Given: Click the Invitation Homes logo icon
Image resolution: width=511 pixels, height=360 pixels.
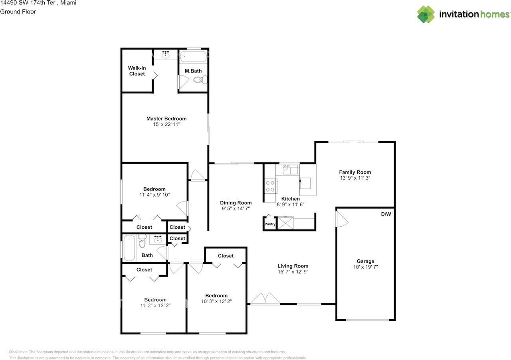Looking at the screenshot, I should click(x=426, y=14).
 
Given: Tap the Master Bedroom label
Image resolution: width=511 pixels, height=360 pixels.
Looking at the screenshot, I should click(x=166, y=119).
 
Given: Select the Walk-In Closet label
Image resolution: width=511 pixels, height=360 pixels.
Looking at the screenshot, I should click(x=137, y=71).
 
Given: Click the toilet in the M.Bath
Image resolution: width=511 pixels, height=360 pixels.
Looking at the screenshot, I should click(x=200, y=80).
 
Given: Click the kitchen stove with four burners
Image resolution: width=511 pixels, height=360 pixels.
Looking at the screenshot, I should click(x=270, y=186).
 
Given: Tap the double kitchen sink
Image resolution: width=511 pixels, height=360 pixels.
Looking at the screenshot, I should click(x=291, y=170).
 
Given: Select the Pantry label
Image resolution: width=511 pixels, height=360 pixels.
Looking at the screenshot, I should click(x=270, y=224).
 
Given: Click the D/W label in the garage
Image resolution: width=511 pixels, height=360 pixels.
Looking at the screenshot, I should click(x=386, y=214).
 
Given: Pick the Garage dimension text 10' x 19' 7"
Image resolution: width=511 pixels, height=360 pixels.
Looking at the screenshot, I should click(x=365, y=267).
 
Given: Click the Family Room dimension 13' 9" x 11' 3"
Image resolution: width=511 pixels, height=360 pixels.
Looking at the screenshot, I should click(x=355, y=178).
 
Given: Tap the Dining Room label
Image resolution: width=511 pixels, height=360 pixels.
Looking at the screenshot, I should click(x=236, y=203).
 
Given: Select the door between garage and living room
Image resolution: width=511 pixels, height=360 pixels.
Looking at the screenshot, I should click(x=341, y=219).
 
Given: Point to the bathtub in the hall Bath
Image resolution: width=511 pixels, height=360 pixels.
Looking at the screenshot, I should click(x=129, y=248).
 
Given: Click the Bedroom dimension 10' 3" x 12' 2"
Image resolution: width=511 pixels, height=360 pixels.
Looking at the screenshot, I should click(x=216, y=301).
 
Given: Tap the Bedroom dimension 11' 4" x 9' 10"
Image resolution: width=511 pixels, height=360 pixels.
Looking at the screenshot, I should click(x=154, y=195).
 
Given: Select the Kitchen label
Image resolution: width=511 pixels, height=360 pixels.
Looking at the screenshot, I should click(x=290, y=199).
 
